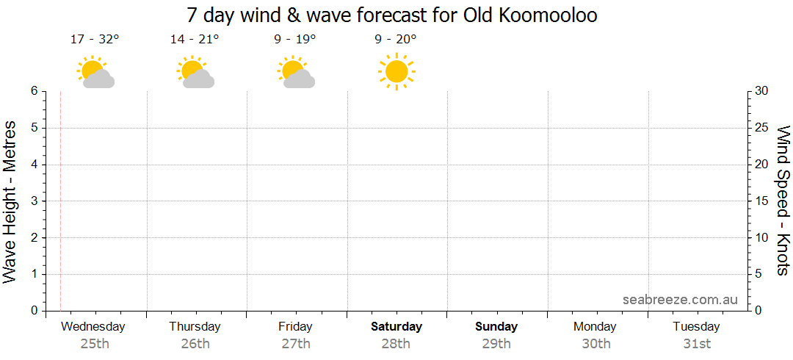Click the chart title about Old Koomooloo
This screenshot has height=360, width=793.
pyautogui.click(x=392, y=15)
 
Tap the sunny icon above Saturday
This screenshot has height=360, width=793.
pyautogui.click(x=396, y=71)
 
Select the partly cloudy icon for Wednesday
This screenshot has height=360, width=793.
pyautogui.click(x=95, y=73)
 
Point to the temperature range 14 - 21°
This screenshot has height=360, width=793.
pyautogui.click(x=195, y=40)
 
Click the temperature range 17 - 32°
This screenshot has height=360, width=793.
pyautogui.click(x=95, y=40)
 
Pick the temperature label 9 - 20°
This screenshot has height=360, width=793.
pyautogui.click(x=396, y=40)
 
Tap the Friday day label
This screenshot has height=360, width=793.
pyautogui.click(x=295, y=326)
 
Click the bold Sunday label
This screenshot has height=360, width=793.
pyautogui.click(x=496, y=326)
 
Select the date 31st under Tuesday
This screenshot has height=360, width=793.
pyautogui.click(x=696, y=343)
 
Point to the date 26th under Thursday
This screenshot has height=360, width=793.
pyautogui.click(x=195, y=343)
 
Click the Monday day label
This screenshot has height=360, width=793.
pyautogui.click(x=595, y=326)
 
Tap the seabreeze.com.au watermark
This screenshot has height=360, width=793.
pyautogui.click(x=680, y=299)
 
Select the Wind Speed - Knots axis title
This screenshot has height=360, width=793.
pyautogui.click(x=783, y=200)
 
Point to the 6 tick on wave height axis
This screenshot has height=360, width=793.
pyautogui.click(x=34, y=91)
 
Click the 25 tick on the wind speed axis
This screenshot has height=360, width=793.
pyautogui.click(x=761, y=128)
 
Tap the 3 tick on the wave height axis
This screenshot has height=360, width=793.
pyautogui.click(x=34, y=201)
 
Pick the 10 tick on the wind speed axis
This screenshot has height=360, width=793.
pyautogui.click(x=761, y=237)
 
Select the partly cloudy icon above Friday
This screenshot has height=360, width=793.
pyautogui.click(x=296, y=73)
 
